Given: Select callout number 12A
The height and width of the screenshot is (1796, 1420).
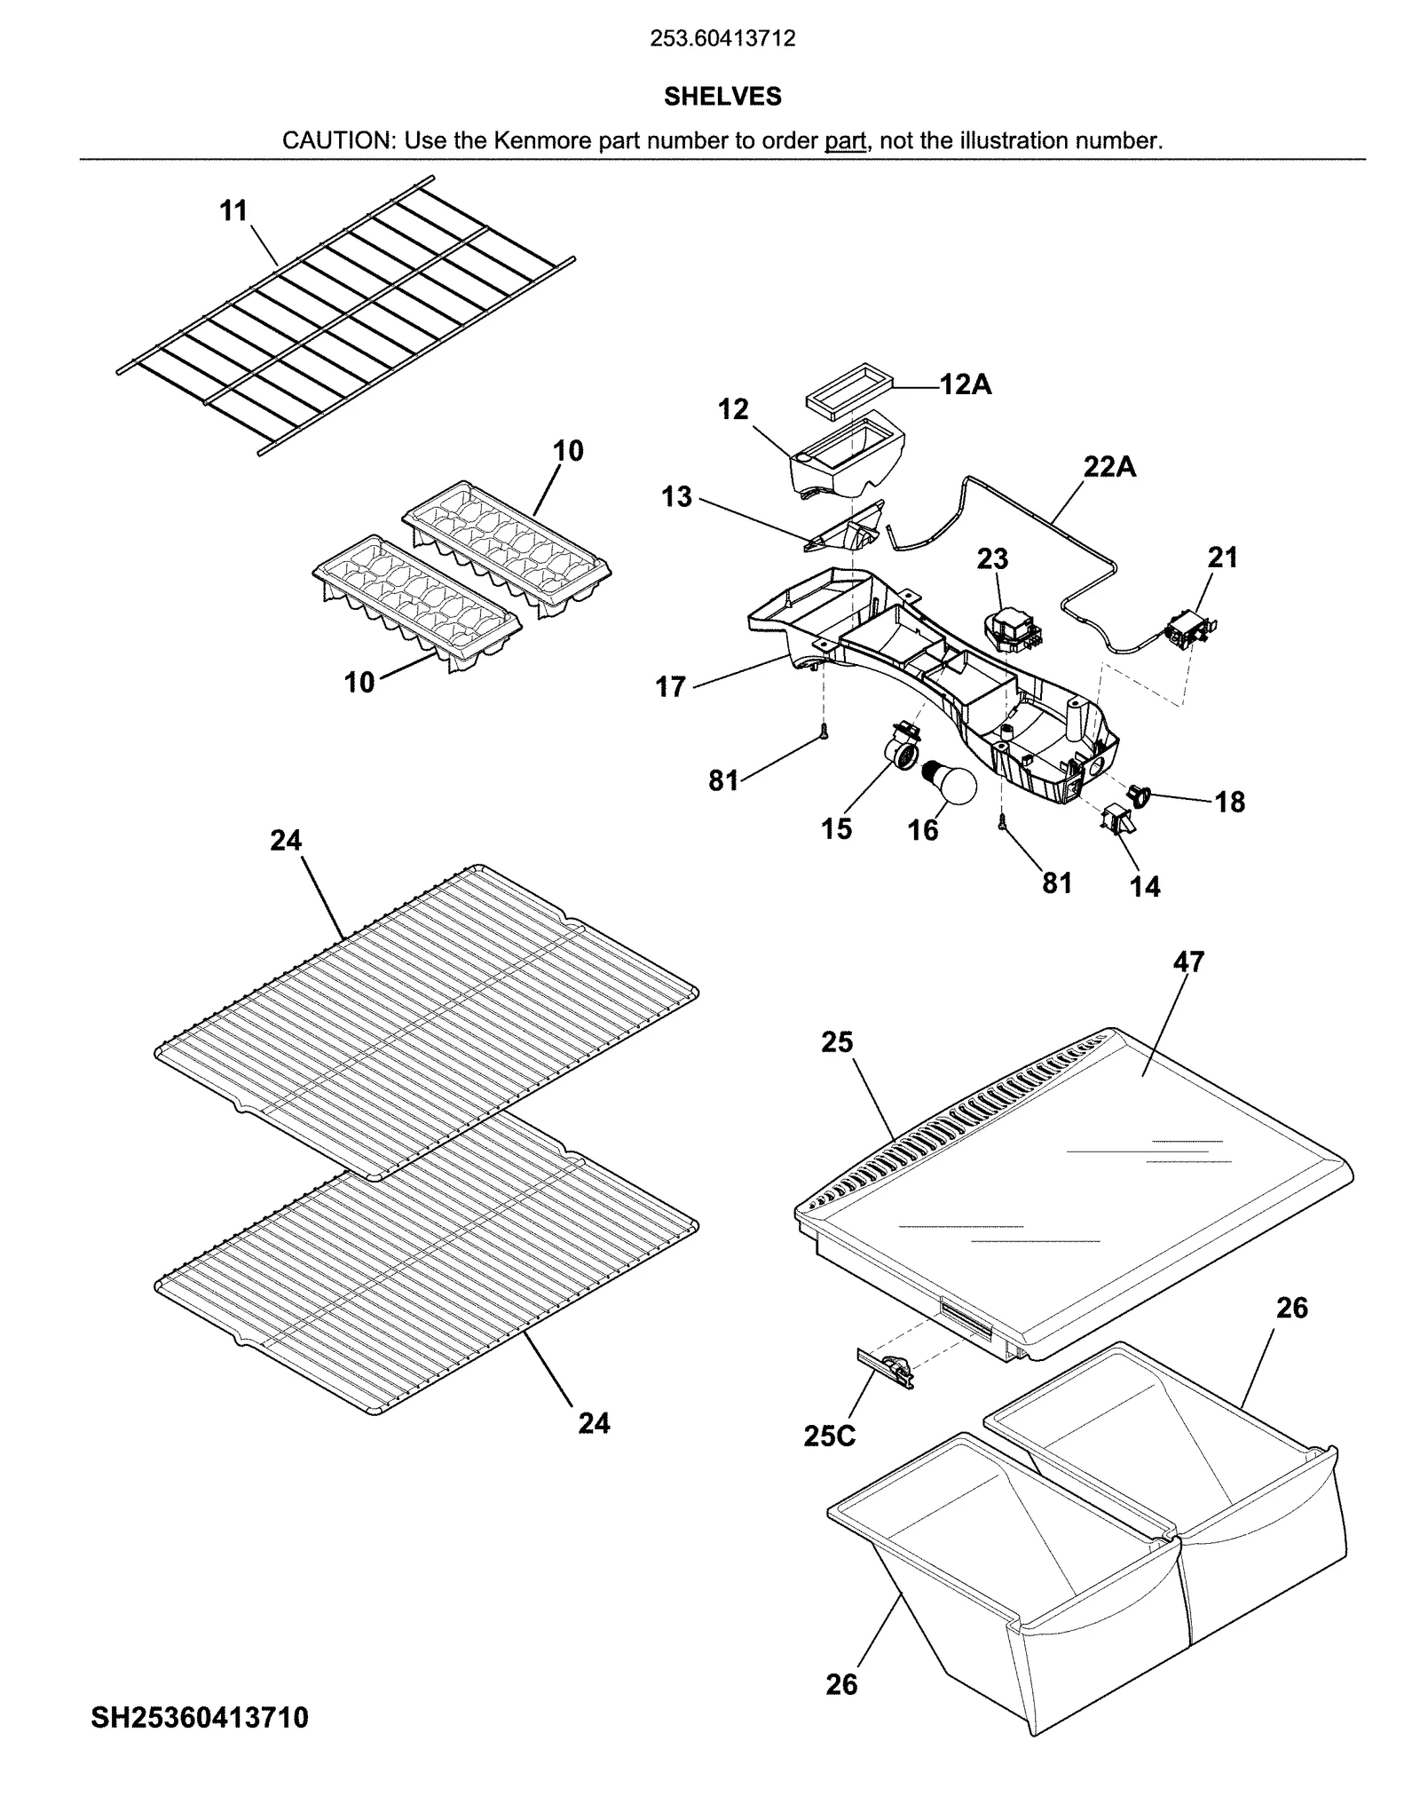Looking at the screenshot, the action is (966, 385).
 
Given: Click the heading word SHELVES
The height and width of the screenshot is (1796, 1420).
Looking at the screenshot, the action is (722, 97).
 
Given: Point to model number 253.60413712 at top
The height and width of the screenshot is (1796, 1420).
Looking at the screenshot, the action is (722, 39).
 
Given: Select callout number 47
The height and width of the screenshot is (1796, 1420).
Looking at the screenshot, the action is (1188, 961).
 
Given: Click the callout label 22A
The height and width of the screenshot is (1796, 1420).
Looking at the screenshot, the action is (1109, 466).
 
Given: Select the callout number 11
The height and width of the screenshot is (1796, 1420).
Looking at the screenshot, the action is (233, 211).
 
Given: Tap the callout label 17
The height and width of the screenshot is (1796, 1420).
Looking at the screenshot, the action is (671, 686).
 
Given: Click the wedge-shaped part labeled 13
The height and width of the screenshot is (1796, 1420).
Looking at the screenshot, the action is (850, 530).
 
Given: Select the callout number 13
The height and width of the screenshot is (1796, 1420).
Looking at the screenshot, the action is (676, 497).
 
